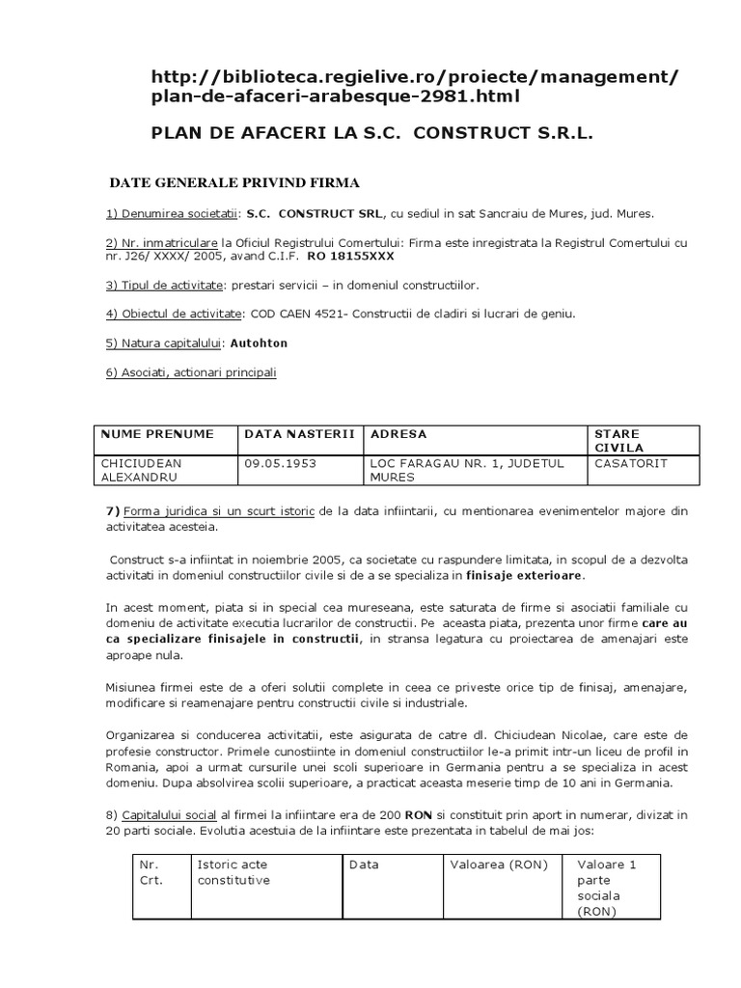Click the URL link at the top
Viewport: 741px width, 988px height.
[x=415, y=86]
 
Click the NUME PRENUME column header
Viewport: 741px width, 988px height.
[x=157, y=434]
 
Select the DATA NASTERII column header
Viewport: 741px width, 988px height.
[x=300, y=434]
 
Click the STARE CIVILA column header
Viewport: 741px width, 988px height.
[x=617, y=441]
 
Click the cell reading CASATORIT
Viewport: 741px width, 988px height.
[x=632, y=463]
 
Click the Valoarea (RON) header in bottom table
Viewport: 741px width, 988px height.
[x=499, y=864]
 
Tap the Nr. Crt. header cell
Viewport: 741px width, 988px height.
[x=151, y=872]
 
